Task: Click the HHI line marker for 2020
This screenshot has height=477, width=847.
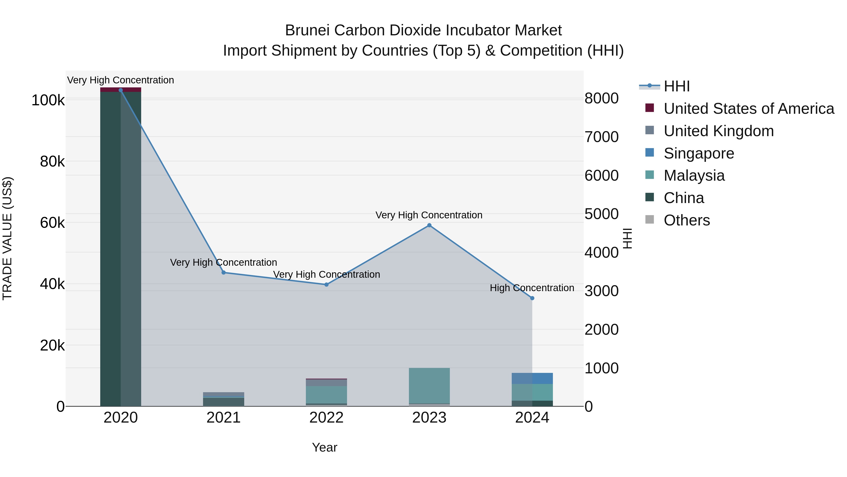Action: pyautogui.click(x=121, y=90)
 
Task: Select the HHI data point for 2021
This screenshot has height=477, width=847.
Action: pyautogui.click(x=224, y=273)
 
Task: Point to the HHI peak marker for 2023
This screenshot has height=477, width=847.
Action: pyautogui.click(x=429, y=225)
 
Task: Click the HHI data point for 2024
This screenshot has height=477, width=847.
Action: pyautogui.click(x=532, y=298)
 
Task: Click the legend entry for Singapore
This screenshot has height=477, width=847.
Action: pyautogui.click(x=699, y=153)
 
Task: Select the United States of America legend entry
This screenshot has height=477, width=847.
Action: pyautogui.click(x=749, y=109)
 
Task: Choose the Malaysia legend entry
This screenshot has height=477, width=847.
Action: pyautogui.click(x=694, y=175)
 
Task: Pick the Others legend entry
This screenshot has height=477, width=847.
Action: pyautogui.click(x=687, y=220)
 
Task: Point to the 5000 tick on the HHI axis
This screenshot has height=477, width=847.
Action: pyautogui.click(x=601, y=214)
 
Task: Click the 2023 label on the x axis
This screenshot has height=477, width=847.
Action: pyautogui.click(x=429, y=418)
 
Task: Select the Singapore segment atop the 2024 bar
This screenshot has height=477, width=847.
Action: pyautogui.click(x=532, y=379)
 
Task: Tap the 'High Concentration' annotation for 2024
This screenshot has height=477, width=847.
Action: pyautogui.click(x=532, y=288)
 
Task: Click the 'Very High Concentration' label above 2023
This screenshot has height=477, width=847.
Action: pyautogui.click(x=429, y=215)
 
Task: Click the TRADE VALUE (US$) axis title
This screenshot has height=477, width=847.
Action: pyautogui.click(x=7, y=238)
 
